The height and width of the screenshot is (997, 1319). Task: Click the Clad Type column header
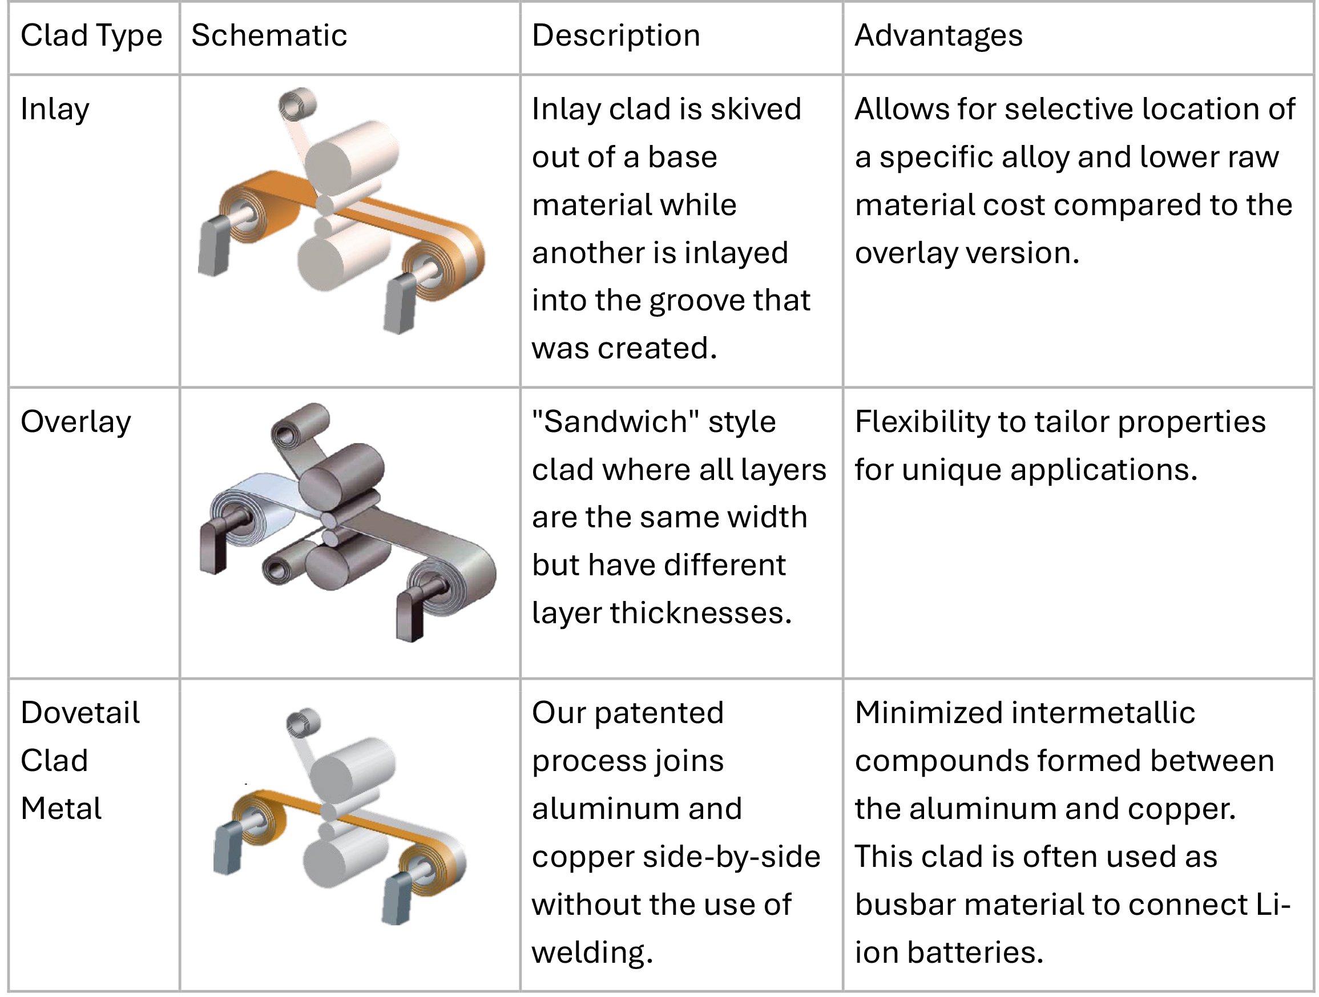coord(91,36)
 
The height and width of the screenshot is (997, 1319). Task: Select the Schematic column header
coord(269,35)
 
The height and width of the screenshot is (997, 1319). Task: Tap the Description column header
coord(616,36)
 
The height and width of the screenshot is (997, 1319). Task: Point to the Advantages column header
coord(938,36)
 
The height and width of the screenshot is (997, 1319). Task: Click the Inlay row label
coord(55,110)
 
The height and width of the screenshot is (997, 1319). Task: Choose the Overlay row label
coord(76,422)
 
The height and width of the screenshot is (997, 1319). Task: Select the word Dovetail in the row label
coord(80,713)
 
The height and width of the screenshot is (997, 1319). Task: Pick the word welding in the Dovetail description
coord(592,953)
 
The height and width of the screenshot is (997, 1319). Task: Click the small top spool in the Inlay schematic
coord(297,105)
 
